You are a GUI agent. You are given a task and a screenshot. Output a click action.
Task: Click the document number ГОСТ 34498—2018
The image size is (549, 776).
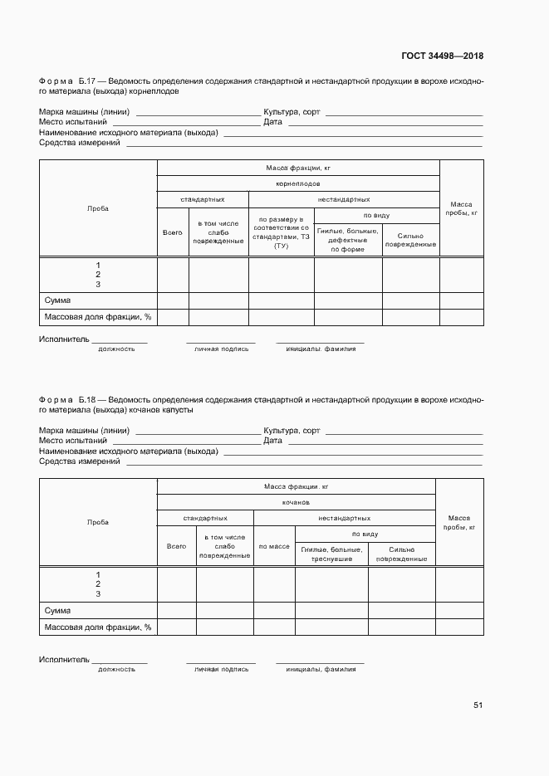click(x=443, y=56)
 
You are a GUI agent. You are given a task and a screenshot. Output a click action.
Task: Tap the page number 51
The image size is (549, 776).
click(x=478, y=705)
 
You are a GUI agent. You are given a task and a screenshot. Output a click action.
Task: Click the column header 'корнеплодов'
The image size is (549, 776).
click(x=298, y=183)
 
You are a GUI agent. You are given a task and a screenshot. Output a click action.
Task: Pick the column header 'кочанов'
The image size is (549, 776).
click(x=296, y=502)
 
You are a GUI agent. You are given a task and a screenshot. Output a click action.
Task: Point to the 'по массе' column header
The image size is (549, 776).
click(x=274, y=547)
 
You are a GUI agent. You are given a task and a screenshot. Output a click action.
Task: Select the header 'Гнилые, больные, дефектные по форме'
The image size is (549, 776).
click(x=347, y=240)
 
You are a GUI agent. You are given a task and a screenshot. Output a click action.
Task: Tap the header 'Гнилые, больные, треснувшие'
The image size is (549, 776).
click(x=331, y=554)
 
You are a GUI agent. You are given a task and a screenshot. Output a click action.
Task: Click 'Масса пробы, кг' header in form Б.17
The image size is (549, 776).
click(x=461, y=208)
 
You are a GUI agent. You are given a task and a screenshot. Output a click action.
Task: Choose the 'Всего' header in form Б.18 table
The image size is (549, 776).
click(x=176, y=547)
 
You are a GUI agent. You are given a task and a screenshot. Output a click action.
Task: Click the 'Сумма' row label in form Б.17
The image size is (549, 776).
click(x=57, y=300)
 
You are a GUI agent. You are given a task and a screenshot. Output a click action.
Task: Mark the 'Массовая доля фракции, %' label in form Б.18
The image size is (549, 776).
click(x=97, y=627)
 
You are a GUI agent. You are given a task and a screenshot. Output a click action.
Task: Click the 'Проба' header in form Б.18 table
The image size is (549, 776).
click(x=98, y=522)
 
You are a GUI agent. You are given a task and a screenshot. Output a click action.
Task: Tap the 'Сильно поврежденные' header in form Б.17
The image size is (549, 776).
click(x=410, y=240)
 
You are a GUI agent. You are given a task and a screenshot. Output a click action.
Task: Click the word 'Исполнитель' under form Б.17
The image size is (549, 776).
click(x=64, y=339)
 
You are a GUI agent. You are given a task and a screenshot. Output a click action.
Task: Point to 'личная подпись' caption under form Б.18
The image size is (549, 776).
click(x=221, y=669)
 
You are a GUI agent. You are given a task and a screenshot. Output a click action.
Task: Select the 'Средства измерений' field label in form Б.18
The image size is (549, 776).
click(x=80, y=461)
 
